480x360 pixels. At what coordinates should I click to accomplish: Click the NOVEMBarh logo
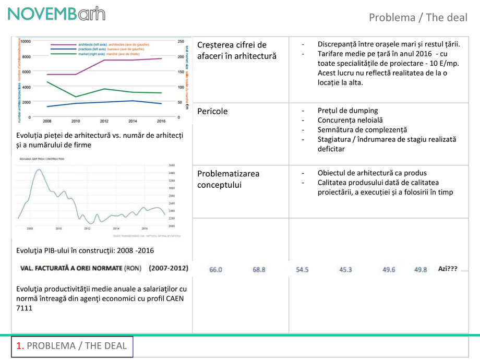pyautogui.click(x=56, y=14)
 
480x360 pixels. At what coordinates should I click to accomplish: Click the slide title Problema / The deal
pyautogui.click(x=418, y=17)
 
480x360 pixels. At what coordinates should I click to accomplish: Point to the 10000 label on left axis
pyautogui.click(x=26, y=41)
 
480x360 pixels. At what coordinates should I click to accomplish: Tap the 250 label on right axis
pyautogui.click(x=181, y=41)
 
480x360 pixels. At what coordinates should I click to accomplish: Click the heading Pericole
pyautogui.click(x=212, y=111)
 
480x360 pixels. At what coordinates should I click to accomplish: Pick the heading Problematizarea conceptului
pyautogui.click(x=229, y=179)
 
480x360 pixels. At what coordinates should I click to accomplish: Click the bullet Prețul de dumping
pyautogui.click(x=347, y=111)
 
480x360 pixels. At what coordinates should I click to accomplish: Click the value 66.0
pyautogui.click(x=215, y=270)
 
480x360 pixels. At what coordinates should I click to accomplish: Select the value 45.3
pyautogui.click(x=345, y=270)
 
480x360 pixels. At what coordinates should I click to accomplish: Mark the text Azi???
pyautogui.click(x=448, y=269)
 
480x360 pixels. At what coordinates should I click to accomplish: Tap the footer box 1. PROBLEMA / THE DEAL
pyautogui.click(x=72, y=346)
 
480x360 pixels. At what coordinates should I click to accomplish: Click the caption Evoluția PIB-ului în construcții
pyautogui.click(x=85, y=250)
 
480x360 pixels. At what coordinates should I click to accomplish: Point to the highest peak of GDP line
pyautogui.click(x=38, y=171)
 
